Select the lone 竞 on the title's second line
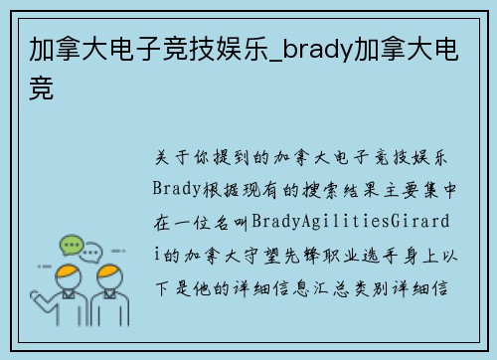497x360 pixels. [x=42, y=89]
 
